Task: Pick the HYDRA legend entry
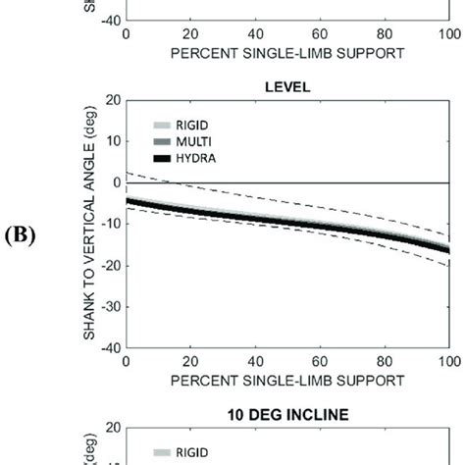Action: click(193, 157)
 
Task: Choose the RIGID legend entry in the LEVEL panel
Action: click(190, 126)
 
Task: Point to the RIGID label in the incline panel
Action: click(190, 452)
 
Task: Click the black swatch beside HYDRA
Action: click(163, 157)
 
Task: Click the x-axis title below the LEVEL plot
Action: click(286, 380)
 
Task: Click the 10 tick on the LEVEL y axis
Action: click(112, 141)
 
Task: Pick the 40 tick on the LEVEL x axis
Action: click(255, 361)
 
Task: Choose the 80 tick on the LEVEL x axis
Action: click(385, 361)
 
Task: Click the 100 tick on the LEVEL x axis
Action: click(447, 361)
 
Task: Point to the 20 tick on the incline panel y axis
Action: click(112, 428)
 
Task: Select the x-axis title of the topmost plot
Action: click(286, 53)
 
